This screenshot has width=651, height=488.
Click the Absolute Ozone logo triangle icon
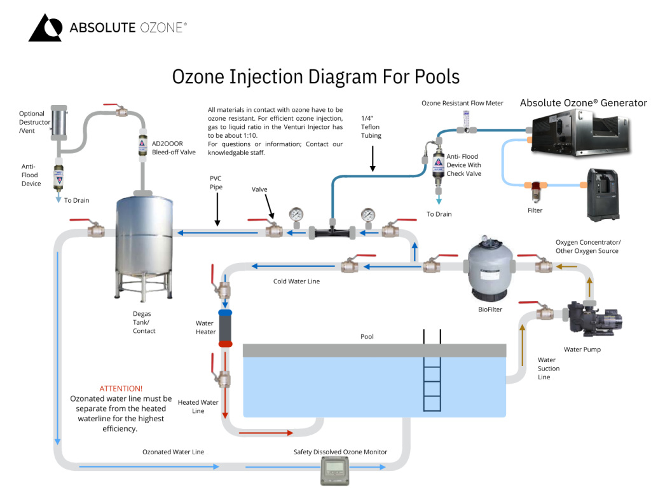(45, 29)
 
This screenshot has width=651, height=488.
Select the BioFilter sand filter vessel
(490, 267)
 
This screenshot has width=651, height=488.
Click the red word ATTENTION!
(121, 388)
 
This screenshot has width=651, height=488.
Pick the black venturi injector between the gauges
(331, 232)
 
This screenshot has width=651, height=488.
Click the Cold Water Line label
(296, 281)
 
